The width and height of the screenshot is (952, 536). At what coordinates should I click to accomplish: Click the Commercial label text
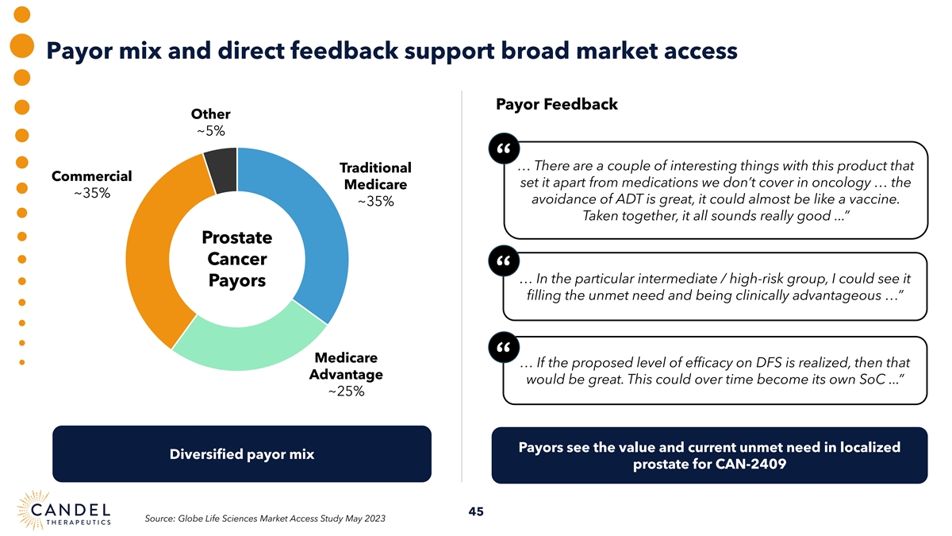pos(91,175)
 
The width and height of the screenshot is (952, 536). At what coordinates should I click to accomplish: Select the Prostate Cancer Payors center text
pos(236,260)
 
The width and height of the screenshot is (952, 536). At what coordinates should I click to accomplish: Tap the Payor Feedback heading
pos(556,105)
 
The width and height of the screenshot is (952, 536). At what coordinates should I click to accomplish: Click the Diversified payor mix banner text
pos(242,454)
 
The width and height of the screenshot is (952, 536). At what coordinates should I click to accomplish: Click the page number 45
pos(476,511)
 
